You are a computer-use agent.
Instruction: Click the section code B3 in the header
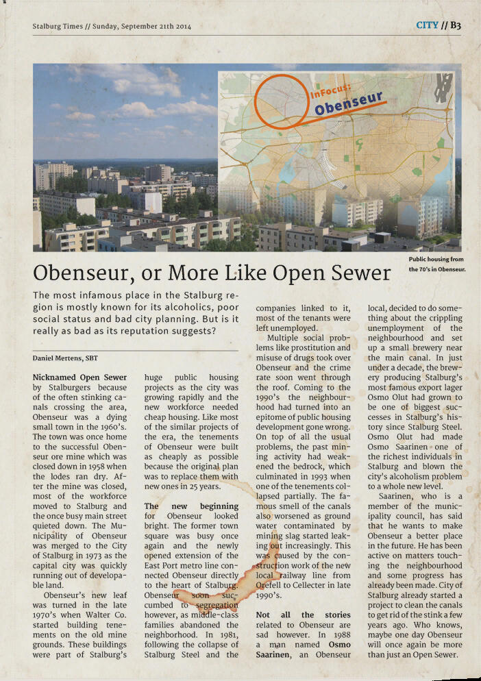click(455, 25)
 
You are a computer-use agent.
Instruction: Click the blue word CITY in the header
click(427, 25)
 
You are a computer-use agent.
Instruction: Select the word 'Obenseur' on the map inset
click(348, 103)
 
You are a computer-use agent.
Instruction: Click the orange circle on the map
click(281, 96)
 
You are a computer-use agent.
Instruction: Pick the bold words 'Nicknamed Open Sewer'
click(79, 377)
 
